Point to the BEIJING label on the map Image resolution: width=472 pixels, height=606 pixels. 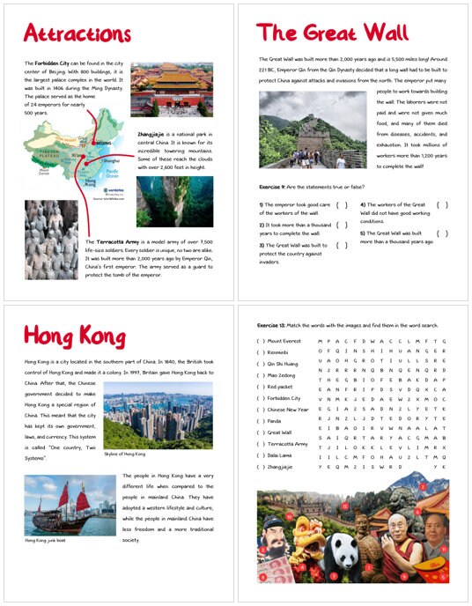104,141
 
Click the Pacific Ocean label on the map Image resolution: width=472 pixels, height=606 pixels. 113,176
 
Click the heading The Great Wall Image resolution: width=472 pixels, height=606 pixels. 332,33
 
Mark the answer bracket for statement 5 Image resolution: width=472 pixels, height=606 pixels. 442,233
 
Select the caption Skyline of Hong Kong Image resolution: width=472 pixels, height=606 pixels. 125,454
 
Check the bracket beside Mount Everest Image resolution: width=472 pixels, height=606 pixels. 260,340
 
